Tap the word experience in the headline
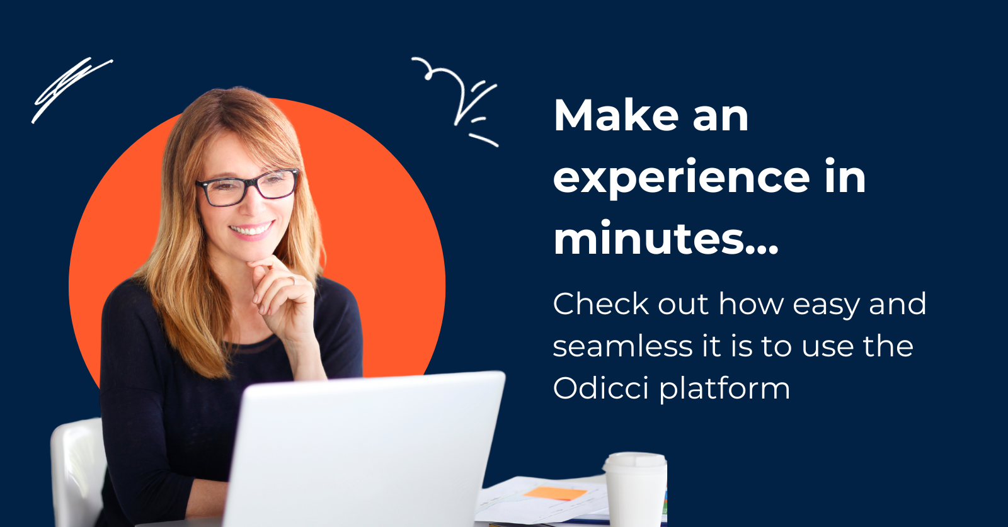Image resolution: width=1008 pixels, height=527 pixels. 681,178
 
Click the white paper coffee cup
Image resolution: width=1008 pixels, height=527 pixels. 635,494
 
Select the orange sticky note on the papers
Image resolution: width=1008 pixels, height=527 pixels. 554,494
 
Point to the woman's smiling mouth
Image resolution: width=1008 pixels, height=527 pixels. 252,230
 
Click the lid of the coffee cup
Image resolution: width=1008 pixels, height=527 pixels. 635,462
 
